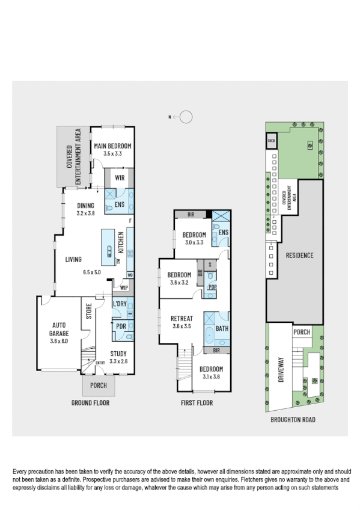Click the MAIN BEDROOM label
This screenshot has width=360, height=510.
pos(112,146)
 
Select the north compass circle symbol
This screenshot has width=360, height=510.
pos(186,117)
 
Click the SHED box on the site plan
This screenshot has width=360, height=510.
pos(272,142)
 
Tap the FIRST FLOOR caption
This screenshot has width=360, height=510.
pos(197,403)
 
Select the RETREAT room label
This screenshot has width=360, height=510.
pos(182,318)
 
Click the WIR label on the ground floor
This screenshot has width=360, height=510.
pos(119,178)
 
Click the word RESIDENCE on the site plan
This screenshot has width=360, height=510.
pos(299,255)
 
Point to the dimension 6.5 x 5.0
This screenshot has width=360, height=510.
pos(93,272)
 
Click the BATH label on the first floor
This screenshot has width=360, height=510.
pos(222,328)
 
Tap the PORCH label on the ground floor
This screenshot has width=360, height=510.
pos(98,386)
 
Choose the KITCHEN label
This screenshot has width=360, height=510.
pos(120,242)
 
